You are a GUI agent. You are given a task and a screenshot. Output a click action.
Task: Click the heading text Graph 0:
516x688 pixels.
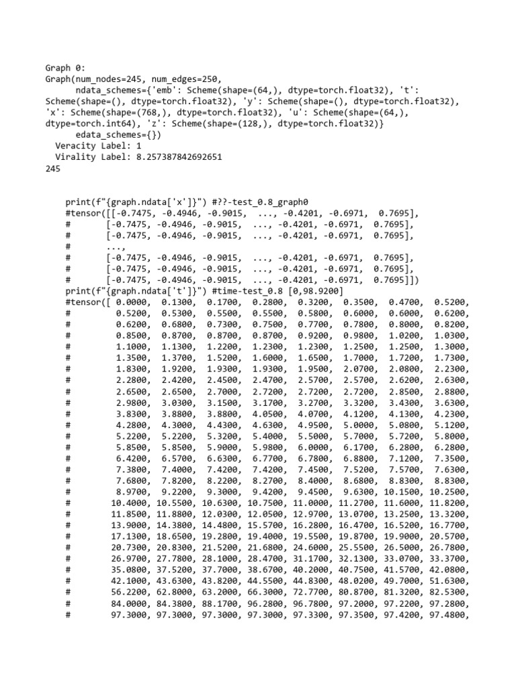pyautogui.click(x=66, y=68)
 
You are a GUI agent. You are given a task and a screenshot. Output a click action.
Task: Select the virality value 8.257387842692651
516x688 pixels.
pyautogui.click(x=169, y=157)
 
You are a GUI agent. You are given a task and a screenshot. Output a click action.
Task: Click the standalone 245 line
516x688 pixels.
pyautogui.click(x=53, y=169)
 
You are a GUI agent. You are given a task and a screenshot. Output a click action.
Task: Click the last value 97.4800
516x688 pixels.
pyautogui.click(x=448, y=631)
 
